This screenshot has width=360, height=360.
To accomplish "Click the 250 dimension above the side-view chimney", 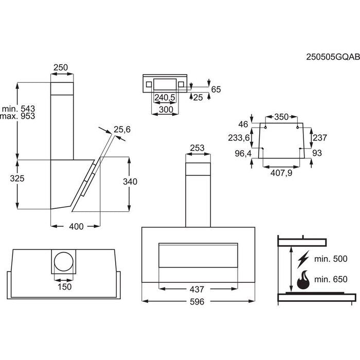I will point(61,67).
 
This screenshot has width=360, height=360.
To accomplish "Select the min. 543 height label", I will point(18,109).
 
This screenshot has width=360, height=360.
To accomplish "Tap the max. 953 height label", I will point(17,117).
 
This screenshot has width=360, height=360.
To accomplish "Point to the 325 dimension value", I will point(9,178).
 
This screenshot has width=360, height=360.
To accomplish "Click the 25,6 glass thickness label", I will point(122,130).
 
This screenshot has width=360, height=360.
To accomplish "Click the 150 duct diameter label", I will point(64,286).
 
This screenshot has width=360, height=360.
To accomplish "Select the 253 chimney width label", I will point(197,148).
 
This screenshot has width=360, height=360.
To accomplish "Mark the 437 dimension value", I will point(197,290).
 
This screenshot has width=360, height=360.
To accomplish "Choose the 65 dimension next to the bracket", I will point(215,89).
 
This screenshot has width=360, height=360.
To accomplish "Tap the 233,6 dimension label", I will point(239,137).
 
